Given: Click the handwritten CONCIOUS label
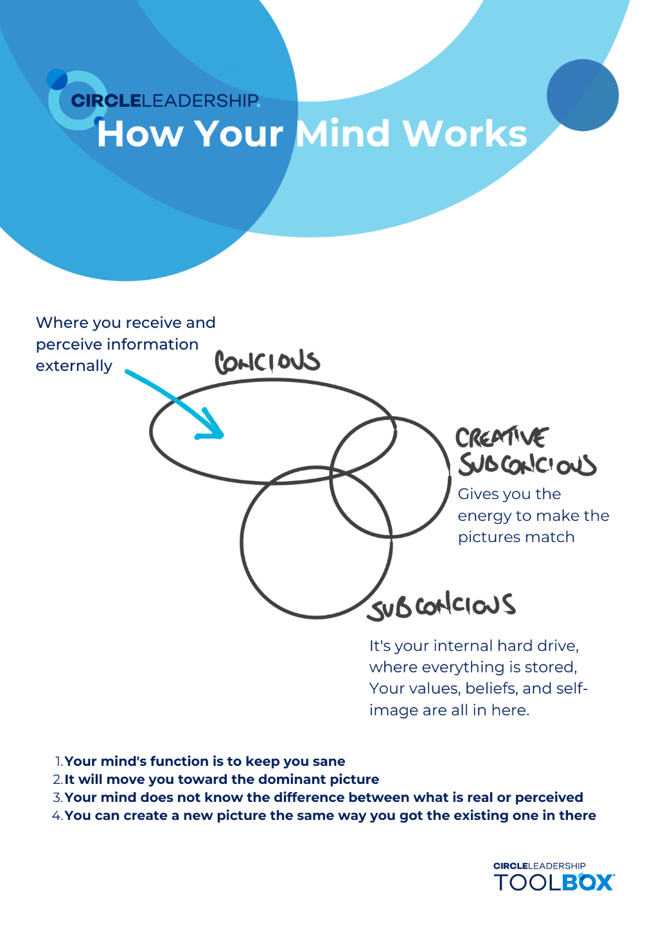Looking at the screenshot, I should point(267,362).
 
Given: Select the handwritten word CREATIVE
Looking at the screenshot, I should point(502,438).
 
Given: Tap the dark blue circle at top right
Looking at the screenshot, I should point(583,95).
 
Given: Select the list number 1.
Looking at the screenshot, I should point(58,761).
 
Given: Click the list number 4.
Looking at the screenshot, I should point(57,815).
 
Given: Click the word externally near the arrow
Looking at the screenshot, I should point(74,366).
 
